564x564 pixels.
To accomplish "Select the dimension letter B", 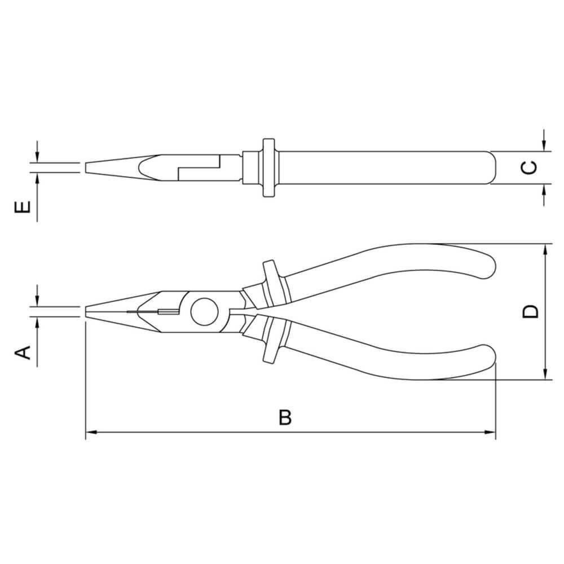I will (286, 418).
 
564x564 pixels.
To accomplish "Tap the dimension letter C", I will (528, 168).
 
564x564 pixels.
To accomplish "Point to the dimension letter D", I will (530, 311).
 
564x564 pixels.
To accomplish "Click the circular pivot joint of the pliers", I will (202, 311).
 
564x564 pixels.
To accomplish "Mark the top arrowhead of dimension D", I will (545, 249).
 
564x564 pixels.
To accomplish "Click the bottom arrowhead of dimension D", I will (545, 374).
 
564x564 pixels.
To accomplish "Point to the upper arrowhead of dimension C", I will (544, 147).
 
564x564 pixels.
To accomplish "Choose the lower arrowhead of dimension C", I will (544, 188).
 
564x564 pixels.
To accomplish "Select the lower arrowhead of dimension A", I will (37, 321).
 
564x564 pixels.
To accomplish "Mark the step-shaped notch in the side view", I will (197, 168).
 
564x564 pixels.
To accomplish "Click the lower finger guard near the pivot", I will (270, 342).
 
